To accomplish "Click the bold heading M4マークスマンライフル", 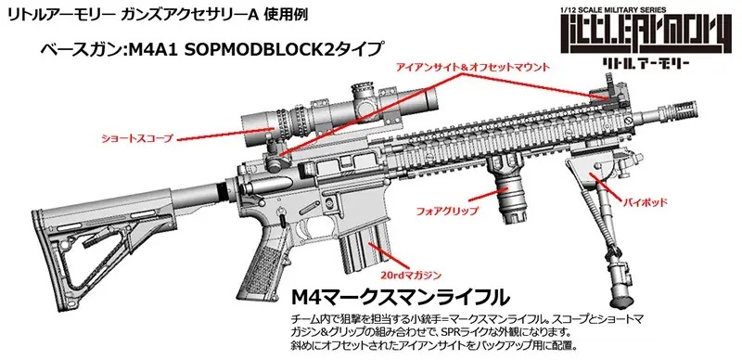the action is click(x=399, y=298).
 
